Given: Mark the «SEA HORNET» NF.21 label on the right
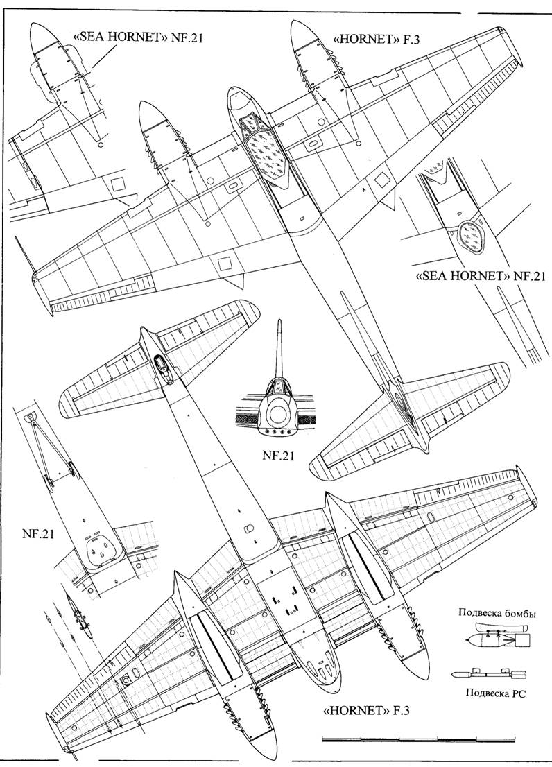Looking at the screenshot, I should [x=480, y=276].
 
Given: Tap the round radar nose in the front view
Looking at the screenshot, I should [x=279, y=414].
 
